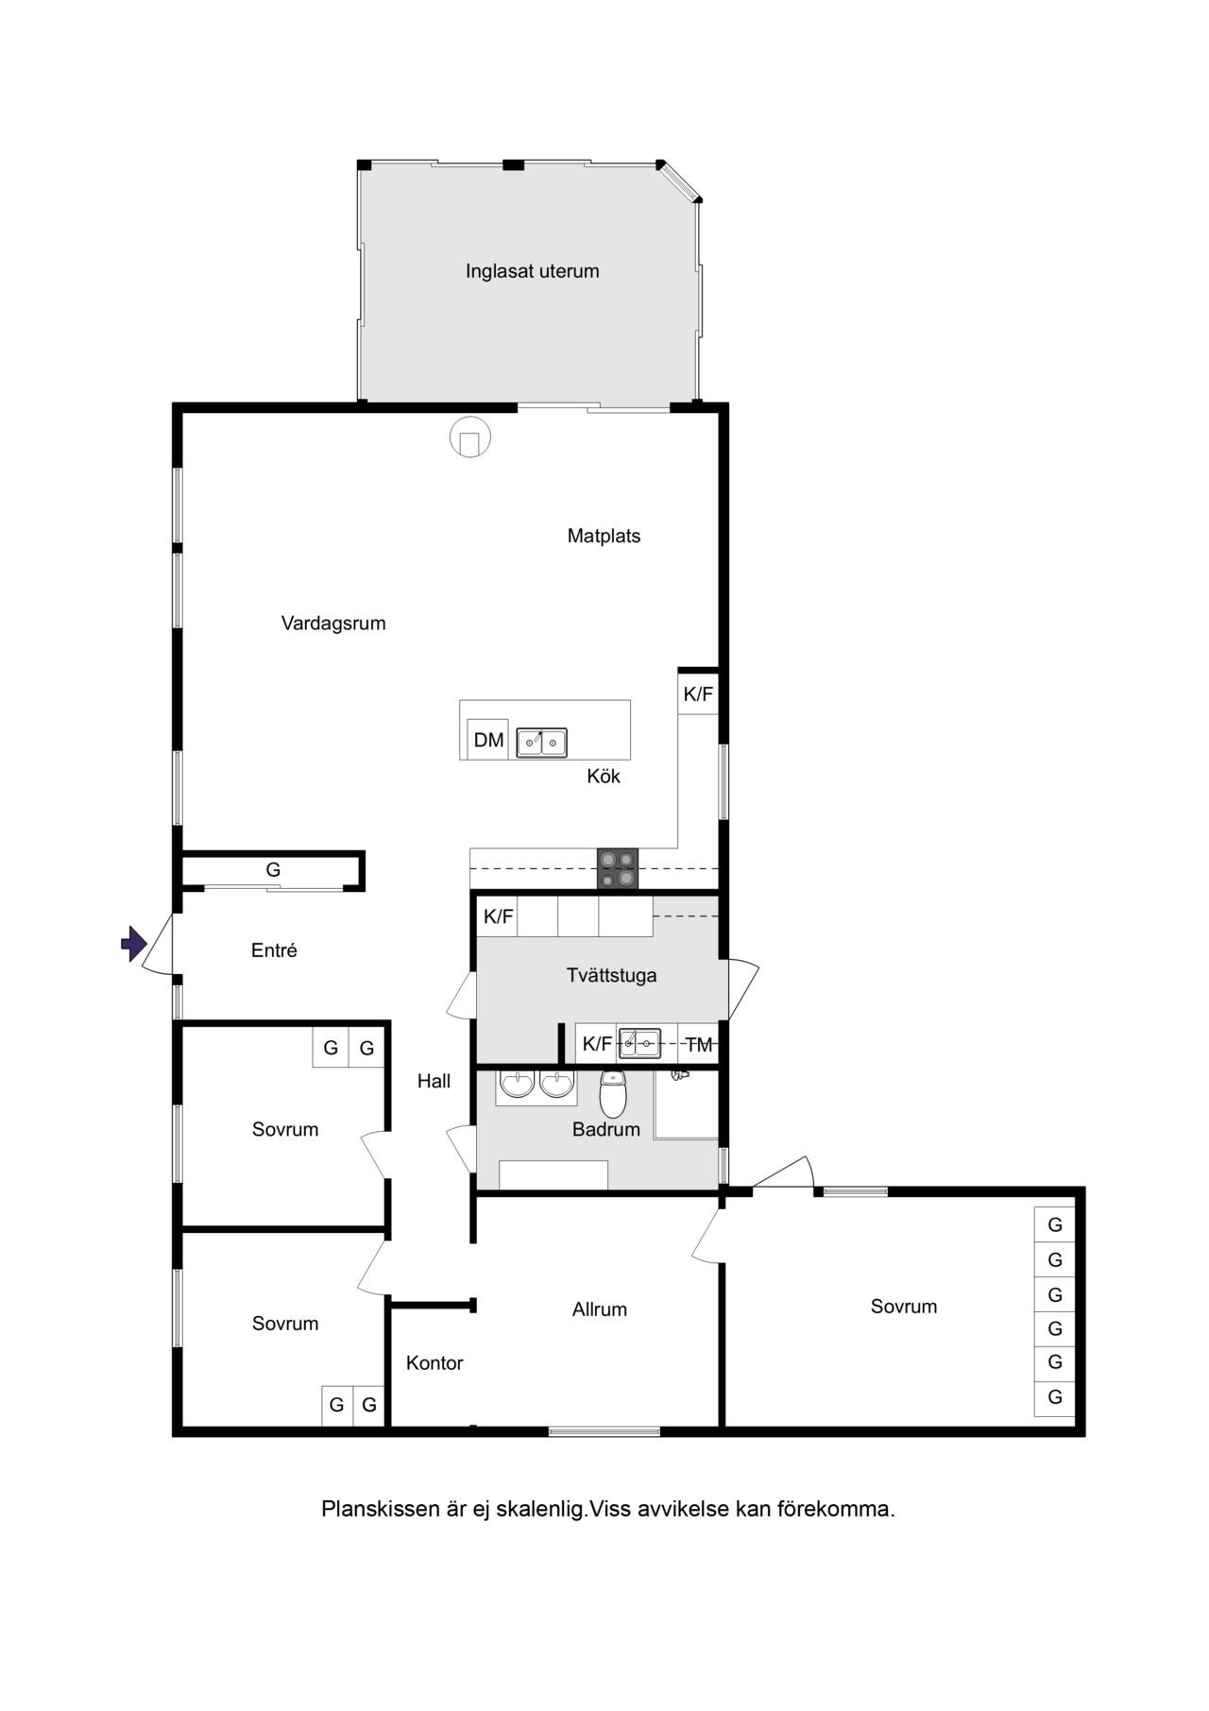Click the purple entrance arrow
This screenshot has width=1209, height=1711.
(x=134, y=943)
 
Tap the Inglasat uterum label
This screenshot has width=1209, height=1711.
(x=532, y=271)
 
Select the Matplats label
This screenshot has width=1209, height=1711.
(x=604, y=536)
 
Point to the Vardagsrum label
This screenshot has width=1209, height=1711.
(x=333, y=624)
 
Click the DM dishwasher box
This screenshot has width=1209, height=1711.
(x=488, y=740)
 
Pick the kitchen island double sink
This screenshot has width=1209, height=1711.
(x=541, y=743)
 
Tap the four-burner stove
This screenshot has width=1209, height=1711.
(x=618, y=869)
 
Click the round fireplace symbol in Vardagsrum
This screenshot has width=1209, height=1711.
(x=470, y=436)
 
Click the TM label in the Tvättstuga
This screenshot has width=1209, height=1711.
(x=699, y=1045)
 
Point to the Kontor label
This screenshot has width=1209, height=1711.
(x=434, y=1362)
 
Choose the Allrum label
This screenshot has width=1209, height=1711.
(x=600, y=1309)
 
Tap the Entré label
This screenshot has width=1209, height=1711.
(x=274, y=951)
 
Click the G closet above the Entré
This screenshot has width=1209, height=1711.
(x=273, y=870)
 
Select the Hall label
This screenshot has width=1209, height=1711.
(x=434, y=1081)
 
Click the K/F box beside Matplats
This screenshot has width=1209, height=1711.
(x=698, y=694)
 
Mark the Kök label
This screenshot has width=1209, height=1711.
(x=604, y=777)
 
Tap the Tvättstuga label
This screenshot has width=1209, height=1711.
(x=612, y=976)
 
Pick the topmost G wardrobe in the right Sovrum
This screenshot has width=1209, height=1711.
(x=1055, y=1224)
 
